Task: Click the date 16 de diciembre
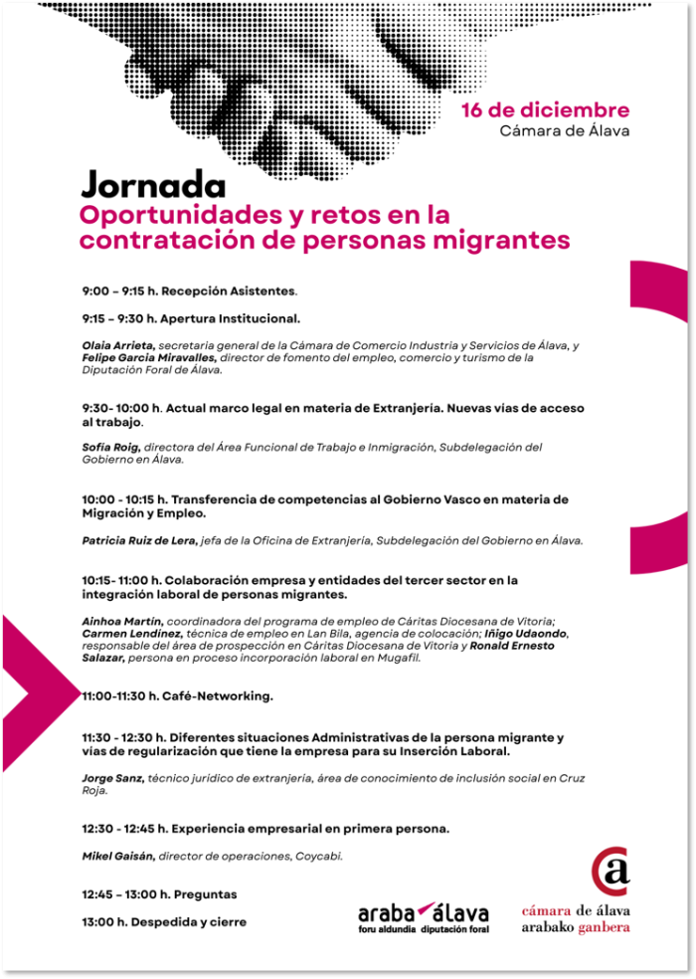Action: coord(545,110)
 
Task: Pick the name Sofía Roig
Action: coord(110,448)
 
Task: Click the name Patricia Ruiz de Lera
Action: coord(139,540)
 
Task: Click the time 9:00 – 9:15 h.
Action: coord(119,292)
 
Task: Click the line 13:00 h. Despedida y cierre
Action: coord(164,922)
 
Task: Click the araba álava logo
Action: coord(423,916)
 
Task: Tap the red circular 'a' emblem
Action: coord(610,872)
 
